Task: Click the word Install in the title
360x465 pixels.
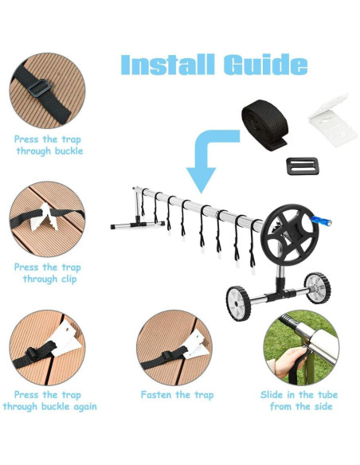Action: coord(167,64)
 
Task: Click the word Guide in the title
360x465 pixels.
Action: coord(265,64)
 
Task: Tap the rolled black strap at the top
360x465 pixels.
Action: coord(264,125)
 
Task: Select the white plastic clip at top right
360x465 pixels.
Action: coord(329,121)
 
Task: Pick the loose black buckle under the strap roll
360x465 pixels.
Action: coord(303,166)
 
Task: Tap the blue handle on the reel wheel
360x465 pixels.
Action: coord(321,221)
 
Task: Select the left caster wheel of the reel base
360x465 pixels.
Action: coord(238,303)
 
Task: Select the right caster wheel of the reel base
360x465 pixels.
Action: coord(318,288)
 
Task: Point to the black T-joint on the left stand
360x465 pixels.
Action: coord(139,222)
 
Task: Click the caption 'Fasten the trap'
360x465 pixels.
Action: coord(177,395)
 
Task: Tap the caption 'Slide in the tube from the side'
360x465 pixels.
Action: coord(299,401)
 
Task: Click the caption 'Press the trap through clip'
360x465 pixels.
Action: coord(48,273)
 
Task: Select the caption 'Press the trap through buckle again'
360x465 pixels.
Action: coord(50,401)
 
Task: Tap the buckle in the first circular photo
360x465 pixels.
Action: coord(39,88)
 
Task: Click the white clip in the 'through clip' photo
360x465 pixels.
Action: coord(45,217)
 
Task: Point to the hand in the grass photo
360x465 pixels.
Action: coord(286,361)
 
